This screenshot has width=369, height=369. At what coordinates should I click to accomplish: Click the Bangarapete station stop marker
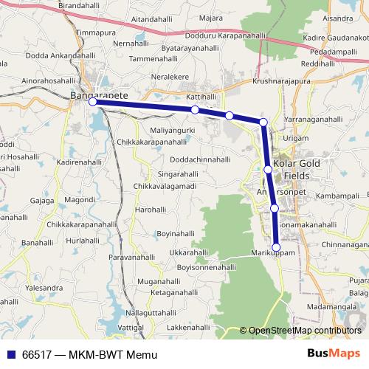(93, 103)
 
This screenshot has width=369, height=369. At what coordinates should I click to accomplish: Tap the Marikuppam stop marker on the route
(277, 247)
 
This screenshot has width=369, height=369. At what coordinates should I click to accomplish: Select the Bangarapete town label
(94, 95)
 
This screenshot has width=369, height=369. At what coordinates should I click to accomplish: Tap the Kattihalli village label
(201, 97)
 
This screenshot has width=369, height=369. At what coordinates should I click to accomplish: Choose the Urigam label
(295, 138)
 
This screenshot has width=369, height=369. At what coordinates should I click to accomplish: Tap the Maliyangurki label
(172, 130)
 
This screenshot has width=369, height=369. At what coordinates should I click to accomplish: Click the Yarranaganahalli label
(314, 118)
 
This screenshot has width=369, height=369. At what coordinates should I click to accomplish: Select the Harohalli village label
(151, 210)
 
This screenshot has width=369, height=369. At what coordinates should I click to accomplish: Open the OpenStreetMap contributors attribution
(305, 331)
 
